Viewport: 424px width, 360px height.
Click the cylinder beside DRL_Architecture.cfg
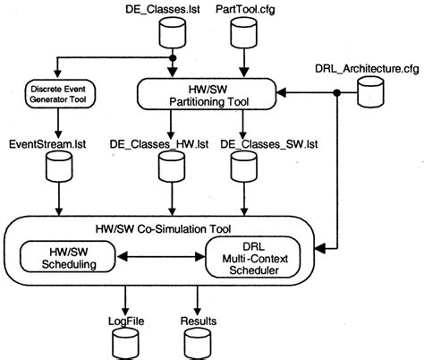(369, 94)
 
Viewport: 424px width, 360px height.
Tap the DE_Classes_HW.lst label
(166, 142)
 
